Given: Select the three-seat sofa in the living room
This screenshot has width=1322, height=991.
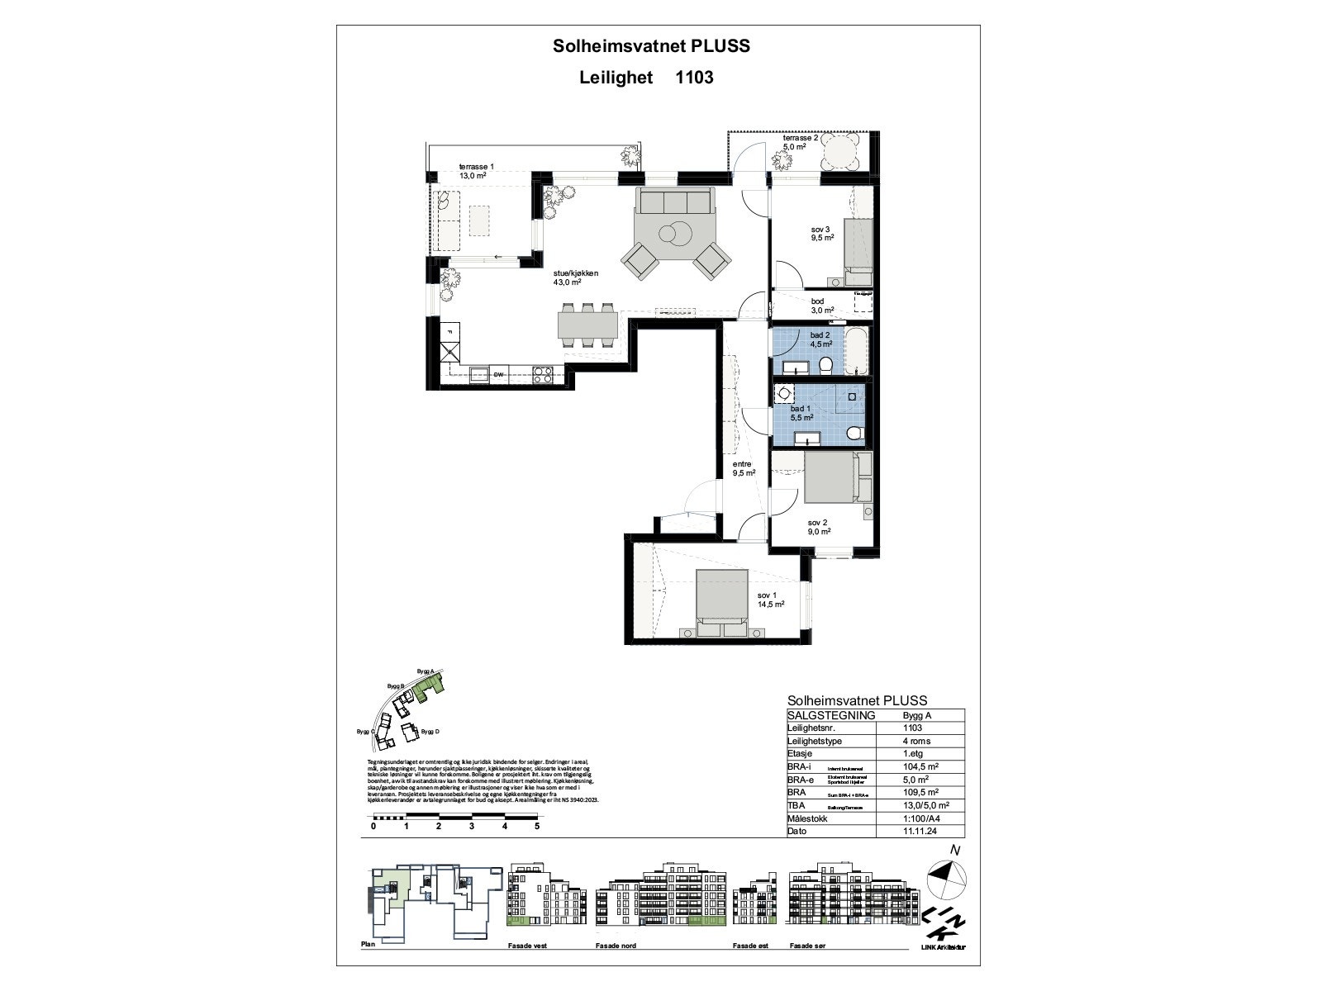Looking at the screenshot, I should [674, 201].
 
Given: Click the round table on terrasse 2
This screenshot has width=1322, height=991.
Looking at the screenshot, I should [840, 153].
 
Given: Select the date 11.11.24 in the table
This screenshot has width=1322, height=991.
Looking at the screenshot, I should [920, 831].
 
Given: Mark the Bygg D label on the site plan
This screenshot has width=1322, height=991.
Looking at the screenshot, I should [430, 732].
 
